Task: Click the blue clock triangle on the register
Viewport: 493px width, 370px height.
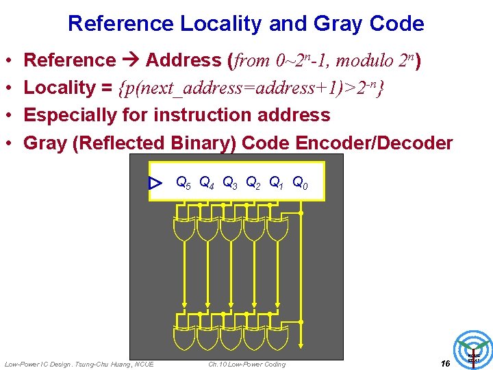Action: tap(155, 183)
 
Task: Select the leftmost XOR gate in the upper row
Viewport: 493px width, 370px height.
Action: tap(184, 229)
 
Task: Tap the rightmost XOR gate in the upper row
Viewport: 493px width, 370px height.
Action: tap(277, 229)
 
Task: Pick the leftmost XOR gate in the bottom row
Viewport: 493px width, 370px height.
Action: tap(184, 336)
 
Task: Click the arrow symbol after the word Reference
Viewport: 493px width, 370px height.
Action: tap(131, 60)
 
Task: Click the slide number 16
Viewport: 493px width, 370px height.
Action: tap(445, 363)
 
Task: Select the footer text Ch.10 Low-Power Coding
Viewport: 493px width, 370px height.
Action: tap(246, 364)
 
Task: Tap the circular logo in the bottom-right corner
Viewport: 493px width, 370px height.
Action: tap(474, 349)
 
